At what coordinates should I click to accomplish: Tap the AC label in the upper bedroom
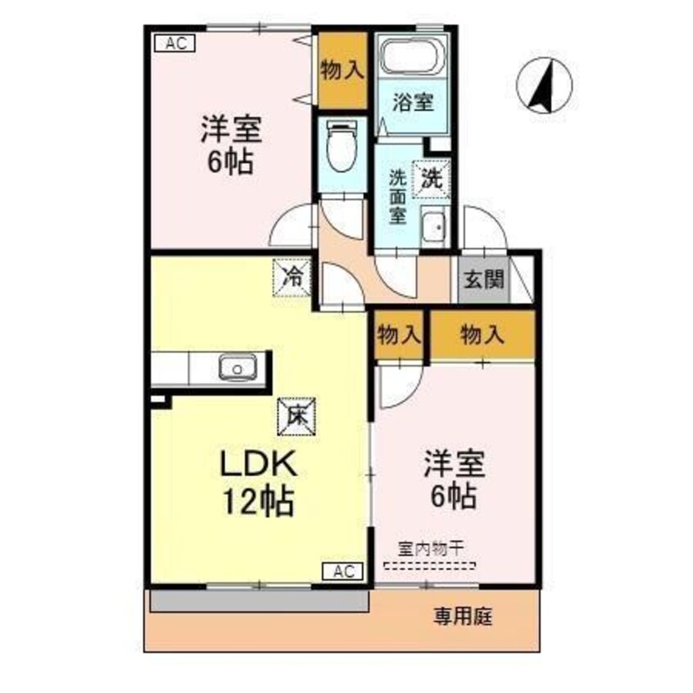point(174,44)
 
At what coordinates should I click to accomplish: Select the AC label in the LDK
point(345,572)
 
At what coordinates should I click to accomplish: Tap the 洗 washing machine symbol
point(431,179)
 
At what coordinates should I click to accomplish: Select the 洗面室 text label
point(398,197)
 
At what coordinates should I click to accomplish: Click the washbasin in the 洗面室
point(433,225)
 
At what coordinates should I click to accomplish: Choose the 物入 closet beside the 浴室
point(341,70)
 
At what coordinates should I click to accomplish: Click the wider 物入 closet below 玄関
point(482,334)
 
